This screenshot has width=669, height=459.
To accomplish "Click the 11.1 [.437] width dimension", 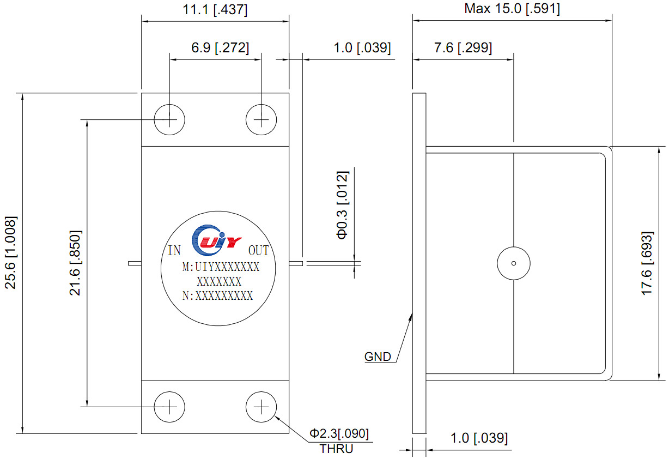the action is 215,10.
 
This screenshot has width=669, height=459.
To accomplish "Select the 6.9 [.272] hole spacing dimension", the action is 220,48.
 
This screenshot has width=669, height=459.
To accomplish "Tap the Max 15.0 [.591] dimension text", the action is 512,8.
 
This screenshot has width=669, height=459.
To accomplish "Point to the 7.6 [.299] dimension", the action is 463,48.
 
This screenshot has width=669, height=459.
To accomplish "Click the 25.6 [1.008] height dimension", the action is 11,252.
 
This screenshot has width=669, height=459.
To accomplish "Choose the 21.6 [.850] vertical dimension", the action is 75,263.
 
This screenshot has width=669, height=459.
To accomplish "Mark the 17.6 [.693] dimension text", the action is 648,263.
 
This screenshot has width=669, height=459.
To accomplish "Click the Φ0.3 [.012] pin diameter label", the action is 343,205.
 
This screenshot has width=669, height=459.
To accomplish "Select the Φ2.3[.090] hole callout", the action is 339,433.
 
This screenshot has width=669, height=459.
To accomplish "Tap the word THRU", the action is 336,449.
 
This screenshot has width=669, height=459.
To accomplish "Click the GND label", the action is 378,357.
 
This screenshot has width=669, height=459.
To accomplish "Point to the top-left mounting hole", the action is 169,119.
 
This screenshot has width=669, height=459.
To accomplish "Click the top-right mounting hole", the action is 261,119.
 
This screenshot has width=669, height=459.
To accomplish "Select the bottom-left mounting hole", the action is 169,407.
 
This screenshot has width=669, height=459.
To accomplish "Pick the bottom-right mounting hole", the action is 261,407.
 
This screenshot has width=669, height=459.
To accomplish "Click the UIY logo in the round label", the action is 216,240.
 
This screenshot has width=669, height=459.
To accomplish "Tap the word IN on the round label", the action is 174,250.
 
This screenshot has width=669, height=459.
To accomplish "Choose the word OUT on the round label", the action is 259,250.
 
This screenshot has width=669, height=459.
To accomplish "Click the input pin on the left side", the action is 135,263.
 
